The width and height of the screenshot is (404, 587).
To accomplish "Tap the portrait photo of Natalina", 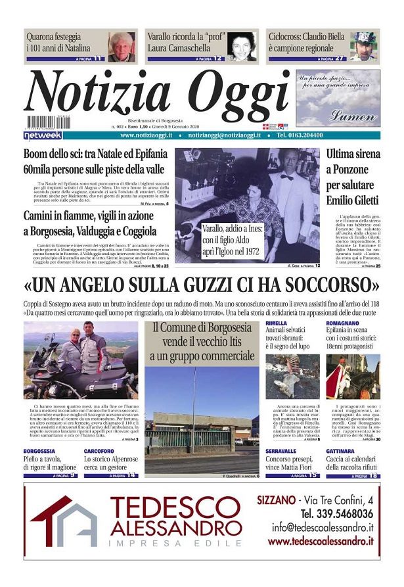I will pyautogui.click(x=122, y=47).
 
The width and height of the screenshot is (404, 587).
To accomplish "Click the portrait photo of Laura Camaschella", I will pyautogui.click(x=242, y=47).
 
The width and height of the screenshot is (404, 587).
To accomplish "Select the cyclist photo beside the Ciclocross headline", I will pyautogui.click(x=363, y=46).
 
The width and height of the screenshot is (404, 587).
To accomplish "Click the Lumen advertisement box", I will pyautogui.click(x=338, y=98).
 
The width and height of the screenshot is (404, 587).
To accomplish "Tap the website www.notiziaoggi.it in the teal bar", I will pyautogui.click(x=146, y=135).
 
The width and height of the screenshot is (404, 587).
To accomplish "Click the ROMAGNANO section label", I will pyautogui.click(x=344, y=325).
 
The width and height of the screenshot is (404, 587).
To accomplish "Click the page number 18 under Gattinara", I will pyautogui.click(x=373, y=474).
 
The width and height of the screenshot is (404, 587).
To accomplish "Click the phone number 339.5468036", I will pyautogui.click(x=336, y=513).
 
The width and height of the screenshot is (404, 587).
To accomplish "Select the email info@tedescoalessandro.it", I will pyautogui.click(x=323, y=527).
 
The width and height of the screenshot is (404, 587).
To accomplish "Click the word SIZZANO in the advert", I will pyautogui.click(x=276, y=500).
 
